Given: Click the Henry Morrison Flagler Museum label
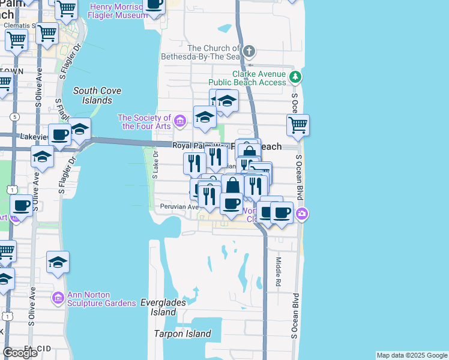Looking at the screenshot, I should coord(117,11).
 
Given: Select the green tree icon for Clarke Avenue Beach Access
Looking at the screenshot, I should coord(295,77).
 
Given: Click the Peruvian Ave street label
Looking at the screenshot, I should coord(179,207).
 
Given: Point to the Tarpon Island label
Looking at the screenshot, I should coord(182,334).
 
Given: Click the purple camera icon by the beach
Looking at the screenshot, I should coord(302,213).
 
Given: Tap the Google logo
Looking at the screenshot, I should coord(20,352).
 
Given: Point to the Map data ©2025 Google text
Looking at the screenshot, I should coord(412,355).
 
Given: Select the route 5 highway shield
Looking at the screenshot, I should coord(14,116).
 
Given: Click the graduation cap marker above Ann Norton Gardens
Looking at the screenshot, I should coord(58,262).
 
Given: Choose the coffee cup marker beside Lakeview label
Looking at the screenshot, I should coord(59,134).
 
